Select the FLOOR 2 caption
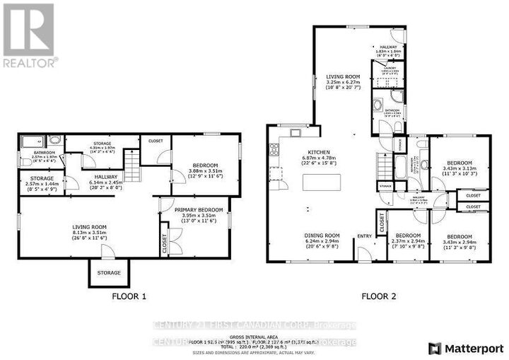pos(380,297)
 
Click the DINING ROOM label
pos(322,236)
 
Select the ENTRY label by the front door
pos(364,236)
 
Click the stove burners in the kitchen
pos(272,150)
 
